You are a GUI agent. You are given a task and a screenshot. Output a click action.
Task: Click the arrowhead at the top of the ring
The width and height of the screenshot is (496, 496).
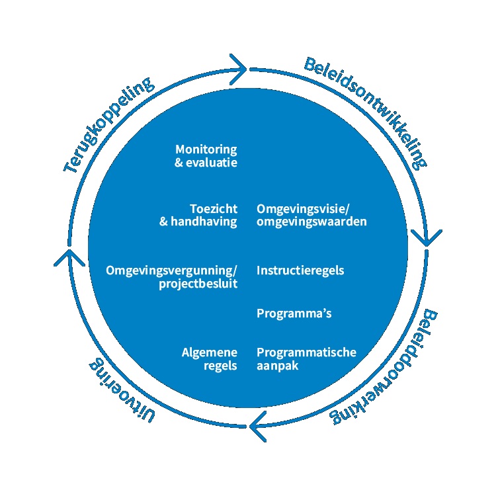239,67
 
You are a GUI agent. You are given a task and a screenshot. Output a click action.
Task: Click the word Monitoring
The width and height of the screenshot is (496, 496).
206,149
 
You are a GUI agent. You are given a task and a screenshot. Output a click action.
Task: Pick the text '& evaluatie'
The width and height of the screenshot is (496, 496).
206,163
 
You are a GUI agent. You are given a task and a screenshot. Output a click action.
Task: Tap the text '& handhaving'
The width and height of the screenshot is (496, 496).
198,222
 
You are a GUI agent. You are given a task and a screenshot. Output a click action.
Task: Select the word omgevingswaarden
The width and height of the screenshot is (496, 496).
311,222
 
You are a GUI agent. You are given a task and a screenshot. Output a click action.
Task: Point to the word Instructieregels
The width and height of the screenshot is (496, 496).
300,270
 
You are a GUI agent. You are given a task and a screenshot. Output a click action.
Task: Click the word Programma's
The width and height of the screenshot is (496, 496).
294,313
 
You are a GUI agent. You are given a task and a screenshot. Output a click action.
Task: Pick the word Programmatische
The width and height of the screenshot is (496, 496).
306,352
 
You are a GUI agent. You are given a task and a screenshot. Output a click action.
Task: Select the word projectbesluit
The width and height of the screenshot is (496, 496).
198,284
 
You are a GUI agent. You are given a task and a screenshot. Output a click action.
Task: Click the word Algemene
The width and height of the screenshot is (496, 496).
209,352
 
